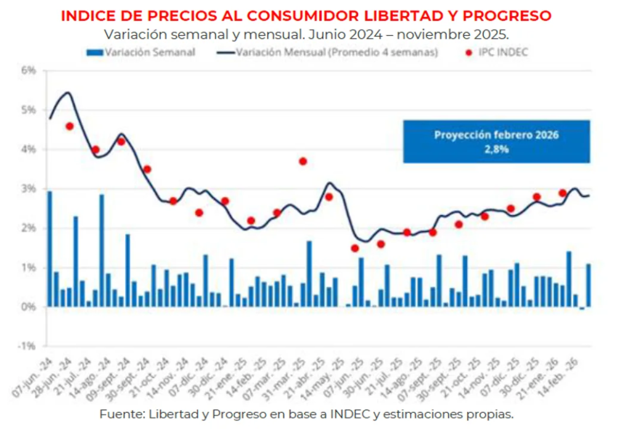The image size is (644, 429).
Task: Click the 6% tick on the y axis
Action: coord(29,70)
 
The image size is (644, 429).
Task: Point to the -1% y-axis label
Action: coord(28,346)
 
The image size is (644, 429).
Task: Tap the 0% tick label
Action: coord(29,307)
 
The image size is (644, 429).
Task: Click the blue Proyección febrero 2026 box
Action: coord(497,141)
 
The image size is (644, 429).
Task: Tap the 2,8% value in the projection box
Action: coord(497,149)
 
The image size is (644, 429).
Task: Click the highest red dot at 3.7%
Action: coord(303,161)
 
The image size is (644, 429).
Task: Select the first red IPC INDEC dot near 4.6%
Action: coord(70,126)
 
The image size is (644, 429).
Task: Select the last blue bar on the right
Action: coord(589,285)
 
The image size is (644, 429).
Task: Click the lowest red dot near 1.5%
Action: coord(355,248)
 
